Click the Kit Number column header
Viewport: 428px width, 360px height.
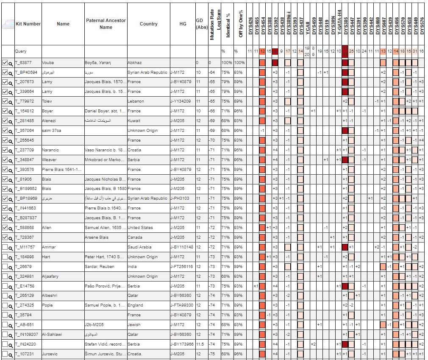28,24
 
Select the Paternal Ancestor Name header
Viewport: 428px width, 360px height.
106,24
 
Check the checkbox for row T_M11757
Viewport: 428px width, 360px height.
5,247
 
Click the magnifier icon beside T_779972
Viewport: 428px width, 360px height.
11,102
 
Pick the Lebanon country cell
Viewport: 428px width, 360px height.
136,101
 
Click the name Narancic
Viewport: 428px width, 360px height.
50,150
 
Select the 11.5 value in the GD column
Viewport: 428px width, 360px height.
200,344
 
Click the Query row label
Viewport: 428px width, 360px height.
21,51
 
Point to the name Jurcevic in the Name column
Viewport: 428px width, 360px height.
50,354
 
